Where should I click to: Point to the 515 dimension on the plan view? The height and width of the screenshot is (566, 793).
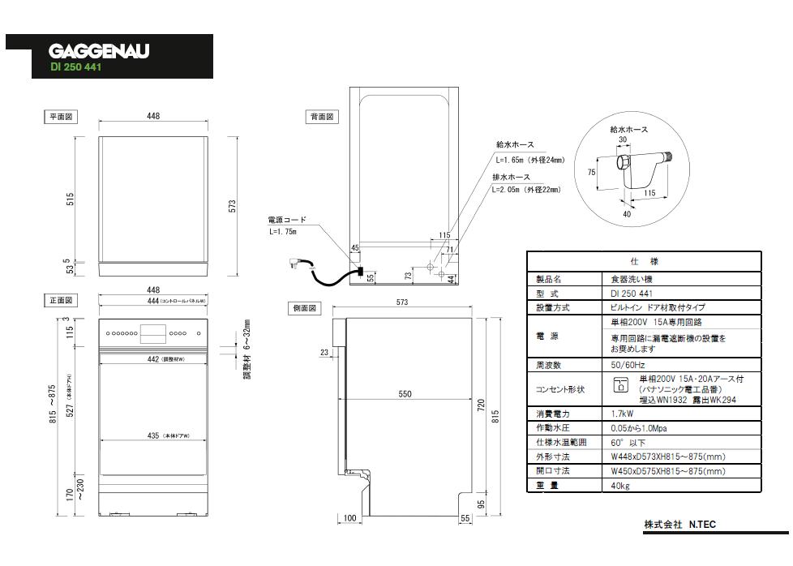pos(71,199)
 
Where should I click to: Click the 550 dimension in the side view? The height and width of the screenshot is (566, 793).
pos(405,394)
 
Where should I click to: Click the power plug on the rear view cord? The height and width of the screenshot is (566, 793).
pos(294,264)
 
